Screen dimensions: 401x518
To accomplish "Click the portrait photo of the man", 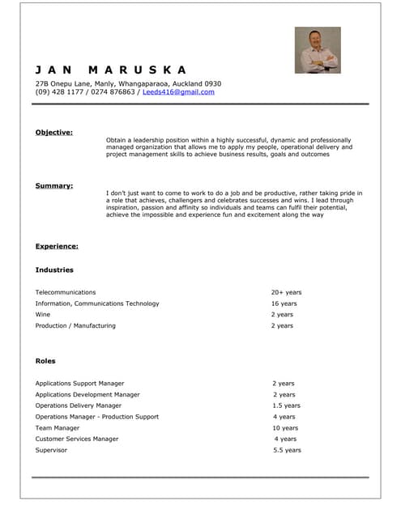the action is [x=317, y=50].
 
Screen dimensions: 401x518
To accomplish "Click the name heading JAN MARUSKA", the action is [x=111, y=70].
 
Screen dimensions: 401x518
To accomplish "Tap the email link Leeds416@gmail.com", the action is [x=178, y=92].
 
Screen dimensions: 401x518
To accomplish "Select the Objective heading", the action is [x=53, y=132].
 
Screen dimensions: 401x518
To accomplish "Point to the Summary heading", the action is [x=53, y=185].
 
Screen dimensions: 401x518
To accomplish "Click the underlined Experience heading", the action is [x=57, y=246].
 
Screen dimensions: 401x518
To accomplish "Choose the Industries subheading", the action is [x=54, y=270].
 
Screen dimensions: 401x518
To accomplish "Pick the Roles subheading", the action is [x=45, y=361].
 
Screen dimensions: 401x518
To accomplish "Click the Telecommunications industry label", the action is [x=66, y=292].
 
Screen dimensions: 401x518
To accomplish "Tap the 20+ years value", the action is [x=286, y=292].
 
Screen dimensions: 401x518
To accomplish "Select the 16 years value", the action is [x=284, y=304].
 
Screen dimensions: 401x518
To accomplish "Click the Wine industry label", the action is [x=42, y=315].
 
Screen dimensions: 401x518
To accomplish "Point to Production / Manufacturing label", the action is [x=75, y=326].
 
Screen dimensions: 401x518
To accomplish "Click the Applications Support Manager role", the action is [x=79, y=384].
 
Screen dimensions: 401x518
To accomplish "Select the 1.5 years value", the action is [x=286, y=405].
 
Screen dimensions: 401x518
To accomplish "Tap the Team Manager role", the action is [x=58, y=428].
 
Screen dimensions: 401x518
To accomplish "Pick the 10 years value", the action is [x=285, y=428].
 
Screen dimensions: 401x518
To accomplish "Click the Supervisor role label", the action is [x=51, y=450].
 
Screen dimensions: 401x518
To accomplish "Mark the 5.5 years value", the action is [x=287, y=450].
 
